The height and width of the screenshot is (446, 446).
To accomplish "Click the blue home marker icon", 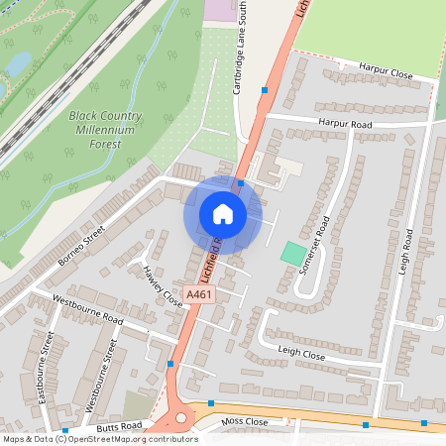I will (x=223, y=213).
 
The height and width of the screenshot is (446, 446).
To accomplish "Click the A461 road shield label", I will (x=200, y=293).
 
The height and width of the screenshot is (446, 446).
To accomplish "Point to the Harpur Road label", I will (x=344, y=124).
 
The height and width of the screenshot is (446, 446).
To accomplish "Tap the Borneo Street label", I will (x=81, y=250).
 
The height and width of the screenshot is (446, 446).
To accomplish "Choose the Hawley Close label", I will (x=162, y=285).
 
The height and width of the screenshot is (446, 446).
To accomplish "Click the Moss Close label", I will (x=245, y=421).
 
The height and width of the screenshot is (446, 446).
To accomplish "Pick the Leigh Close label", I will (x=301, y=353).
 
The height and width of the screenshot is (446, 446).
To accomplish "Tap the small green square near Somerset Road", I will (x=292, y=253).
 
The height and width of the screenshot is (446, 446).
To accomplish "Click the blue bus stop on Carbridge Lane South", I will (x=265, y=90).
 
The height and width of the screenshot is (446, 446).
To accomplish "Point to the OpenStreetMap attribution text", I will (x=99, y=439).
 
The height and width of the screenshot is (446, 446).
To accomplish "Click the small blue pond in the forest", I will (x=18, y=62).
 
